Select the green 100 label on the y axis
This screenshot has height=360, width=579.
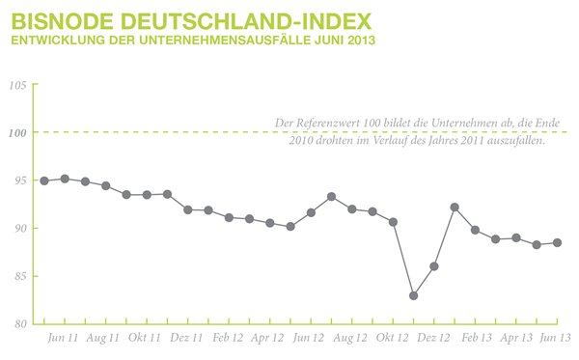[16, 132]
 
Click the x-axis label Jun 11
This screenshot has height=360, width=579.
[64, 339]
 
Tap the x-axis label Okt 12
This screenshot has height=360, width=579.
[393, 339]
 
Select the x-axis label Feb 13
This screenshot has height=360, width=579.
[475, 339]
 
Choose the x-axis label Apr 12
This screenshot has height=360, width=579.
[269, 339]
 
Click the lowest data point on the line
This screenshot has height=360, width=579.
[414, 295]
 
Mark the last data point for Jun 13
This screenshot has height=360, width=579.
[557, 243]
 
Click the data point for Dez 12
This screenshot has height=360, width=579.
[434, 266]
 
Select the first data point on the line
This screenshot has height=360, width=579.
[44, 180]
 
